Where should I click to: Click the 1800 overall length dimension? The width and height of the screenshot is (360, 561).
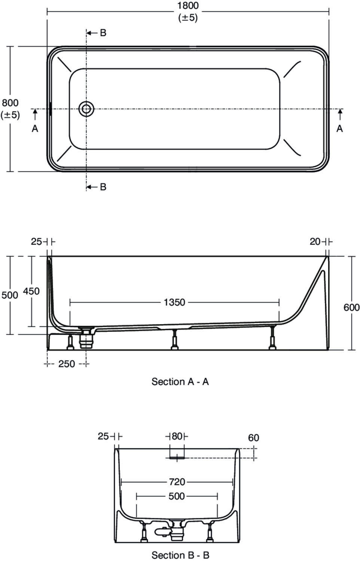tap(188, 6)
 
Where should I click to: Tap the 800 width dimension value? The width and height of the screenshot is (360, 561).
tap(10, 103)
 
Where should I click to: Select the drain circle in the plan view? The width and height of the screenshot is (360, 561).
tap(86, 109)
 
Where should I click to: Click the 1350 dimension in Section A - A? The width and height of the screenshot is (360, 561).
tap(174, 302)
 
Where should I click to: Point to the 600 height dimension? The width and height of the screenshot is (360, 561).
tap(351, 307)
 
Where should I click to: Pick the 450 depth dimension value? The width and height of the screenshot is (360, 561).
tap(31, 291)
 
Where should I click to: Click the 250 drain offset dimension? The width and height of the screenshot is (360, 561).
tap(67, 364)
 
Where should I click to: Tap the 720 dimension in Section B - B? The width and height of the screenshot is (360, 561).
tap(177, 482)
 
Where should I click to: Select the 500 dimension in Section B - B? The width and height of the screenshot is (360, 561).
tap(177, 496)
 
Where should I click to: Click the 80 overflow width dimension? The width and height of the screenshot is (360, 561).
tap(177, 436)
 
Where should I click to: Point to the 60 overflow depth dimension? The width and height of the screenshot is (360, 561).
tap(254, 438)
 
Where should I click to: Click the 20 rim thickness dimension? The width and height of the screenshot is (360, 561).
tap(315, 242)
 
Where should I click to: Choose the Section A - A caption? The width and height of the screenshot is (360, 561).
tap(180, 382)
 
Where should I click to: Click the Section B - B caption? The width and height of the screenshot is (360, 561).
tap(180, 555)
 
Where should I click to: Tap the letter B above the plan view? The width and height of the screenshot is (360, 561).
tap(103, 33)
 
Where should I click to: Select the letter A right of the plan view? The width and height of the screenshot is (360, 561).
tap(339, 129)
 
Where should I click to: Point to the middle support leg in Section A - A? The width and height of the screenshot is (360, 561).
tap(174, 340)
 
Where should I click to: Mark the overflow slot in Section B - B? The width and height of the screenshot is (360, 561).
tap(177, 457)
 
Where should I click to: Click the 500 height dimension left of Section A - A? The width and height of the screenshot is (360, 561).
tap(10, 295)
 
